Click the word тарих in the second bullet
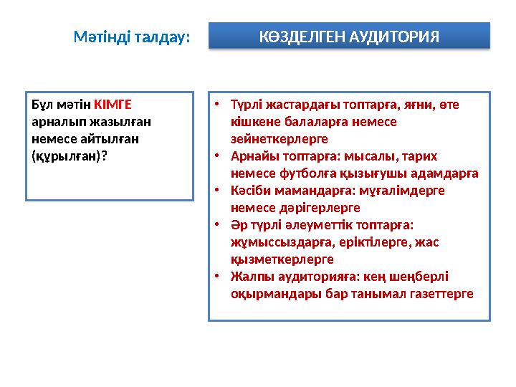(x=439, y=156)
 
